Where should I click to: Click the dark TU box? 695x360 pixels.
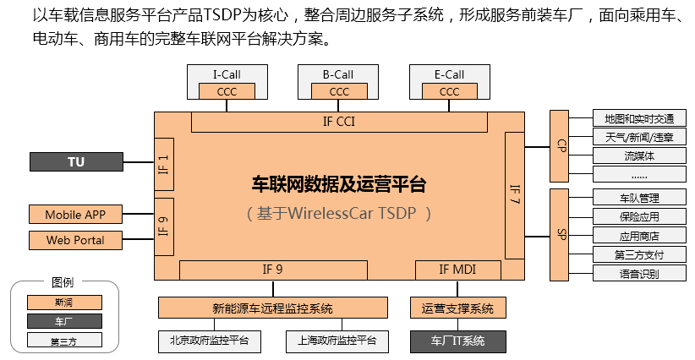point(76,161)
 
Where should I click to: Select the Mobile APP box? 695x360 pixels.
point(76,215)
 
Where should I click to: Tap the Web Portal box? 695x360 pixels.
point(76,240)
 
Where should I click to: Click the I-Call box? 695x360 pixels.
point(226,74)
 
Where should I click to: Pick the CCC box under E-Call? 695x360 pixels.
point(450,92)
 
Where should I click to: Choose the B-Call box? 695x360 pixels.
point(338,74)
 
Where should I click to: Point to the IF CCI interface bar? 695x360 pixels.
point(339,122)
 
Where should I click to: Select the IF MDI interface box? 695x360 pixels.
point(457,270)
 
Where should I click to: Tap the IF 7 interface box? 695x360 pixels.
point(515,195)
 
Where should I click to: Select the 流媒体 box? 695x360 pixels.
point(638,155)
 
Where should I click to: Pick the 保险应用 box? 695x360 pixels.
point(638,217)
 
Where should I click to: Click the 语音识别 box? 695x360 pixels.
point(638,273)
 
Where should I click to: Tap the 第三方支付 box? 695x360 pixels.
point(638,254)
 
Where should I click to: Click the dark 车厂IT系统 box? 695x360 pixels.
point(457,341)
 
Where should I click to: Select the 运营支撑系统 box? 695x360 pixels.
point(457,308)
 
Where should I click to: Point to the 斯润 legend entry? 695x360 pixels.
point(64,302)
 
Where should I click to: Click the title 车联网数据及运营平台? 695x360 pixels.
point(339,183)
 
